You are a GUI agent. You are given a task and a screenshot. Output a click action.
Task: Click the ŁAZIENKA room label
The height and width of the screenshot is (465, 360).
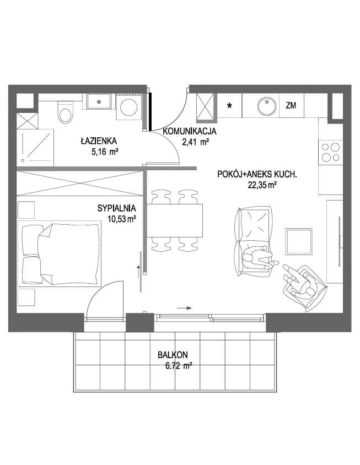click(x=99, y=140)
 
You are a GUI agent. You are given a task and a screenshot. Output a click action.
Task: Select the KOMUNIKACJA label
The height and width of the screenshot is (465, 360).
click(x=190, y=131)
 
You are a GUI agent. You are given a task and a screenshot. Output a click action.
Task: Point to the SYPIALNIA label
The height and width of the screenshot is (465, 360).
click(x=117, y=208)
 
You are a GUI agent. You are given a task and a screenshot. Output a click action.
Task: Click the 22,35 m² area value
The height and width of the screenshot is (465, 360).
click(x=262, y=185)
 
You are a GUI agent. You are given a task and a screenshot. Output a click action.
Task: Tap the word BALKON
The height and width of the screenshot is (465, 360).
click(x=173, y=355)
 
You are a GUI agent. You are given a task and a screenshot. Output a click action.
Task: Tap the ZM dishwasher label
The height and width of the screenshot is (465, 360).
click(x=291, y=105)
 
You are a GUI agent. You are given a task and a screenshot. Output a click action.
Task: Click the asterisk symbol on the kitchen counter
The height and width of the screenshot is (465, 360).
click(x=229, y=106)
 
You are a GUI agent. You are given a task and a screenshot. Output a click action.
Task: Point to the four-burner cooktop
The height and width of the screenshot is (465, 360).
click(x=331, y=152)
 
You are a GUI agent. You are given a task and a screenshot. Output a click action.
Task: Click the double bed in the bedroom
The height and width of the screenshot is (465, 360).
click(x=60, y=253)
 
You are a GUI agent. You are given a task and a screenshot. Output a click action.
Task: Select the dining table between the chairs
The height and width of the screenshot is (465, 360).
click(x=175, y=220)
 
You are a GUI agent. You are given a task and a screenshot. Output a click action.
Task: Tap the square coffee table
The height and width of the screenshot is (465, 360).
click(x=299, y=241)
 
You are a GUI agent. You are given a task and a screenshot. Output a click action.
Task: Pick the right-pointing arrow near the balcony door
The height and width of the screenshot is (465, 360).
click(x=184, y=308)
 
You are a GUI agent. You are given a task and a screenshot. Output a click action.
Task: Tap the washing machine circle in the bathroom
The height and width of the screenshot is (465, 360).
click(x=129, y=107)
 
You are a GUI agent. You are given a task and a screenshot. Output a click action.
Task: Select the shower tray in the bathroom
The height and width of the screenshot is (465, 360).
click(x=35, y=148)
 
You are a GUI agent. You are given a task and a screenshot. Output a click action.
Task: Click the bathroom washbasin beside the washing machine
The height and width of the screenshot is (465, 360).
click(x=99, y=101)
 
